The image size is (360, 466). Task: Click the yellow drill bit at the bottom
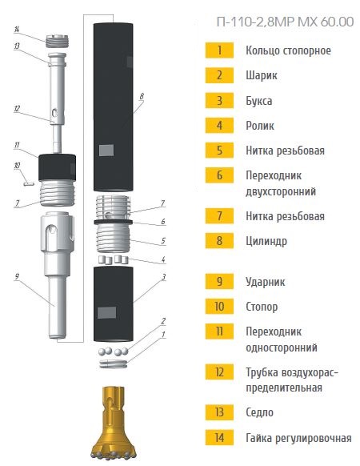tap(114, 424)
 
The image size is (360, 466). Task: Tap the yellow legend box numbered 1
tap(219, 50)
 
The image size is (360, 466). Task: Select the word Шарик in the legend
tap(262, 75)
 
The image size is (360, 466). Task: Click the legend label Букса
tap(258, 100)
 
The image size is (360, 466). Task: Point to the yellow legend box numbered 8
tap(219, 240)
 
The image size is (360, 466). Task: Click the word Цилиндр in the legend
tap(266, 241)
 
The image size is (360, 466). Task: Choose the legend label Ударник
tap(266, 282)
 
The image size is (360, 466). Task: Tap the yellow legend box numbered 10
tap(219, 307)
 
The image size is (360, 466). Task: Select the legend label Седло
tap(260, 412)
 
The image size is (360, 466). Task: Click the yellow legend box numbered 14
tap(219, 437)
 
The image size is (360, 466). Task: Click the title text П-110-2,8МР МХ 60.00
tap(285, 22)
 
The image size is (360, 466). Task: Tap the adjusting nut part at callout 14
tap(58, 41)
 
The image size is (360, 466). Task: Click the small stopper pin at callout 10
tap(29, 184)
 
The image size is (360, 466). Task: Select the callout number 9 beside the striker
tap(17, 277)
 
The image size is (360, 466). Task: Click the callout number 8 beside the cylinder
tap(142, 96)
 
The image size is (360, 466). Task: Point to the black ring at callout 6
tap(113, 222)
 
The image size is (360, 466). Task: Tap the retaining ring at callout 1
tap(114, 364)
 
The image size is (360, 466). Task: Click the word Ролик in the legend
tap(260, 126)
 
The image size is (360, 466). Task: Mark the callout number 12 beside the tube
tap(17, 108)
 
